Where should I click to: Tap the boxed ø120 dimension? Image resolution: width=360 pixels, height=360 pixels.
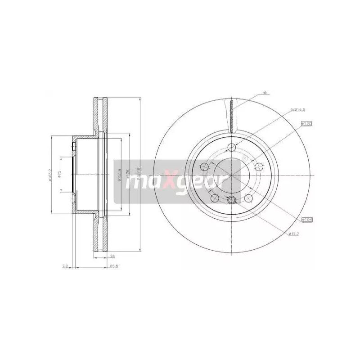click(307, 123)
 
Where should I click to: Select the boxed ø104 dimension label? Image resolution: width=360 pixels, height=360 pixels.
click(307, 219)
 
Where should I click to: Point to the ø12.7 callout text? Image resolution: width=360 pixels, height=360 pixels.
click(295, 233)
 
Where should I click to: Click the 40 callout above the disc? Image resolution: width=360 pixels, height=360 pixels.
click(265, 93)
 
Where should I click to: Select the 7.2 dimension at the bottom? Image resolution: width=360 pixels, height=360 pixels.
click(65, 266)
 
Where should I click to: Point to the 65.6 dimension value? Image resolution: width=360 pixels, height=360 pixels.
click(114, 266)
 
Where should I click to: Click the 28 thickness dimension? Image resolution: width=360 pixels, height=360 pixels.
click(111, 256)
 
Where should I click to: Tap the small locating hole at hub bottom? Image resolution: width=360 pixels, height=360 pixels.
click(232, 201)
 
